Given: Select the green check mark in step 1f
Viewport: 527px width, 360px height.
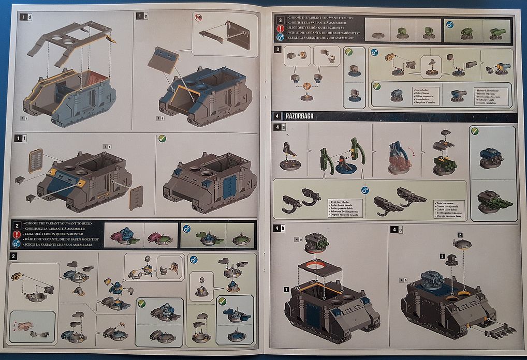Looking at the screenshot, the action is [162, 139].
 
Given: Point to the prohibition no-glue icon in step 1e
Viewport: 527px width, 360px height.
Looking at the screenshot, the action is [198, 18].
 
